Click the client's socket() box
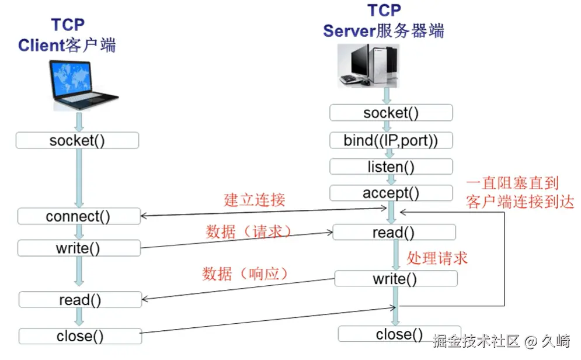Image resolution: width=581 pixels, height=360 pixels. pyautogui.click(x=78, y=140)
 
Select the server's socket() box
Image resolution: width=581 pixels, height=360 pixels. pyautogui.click(x=391, y=113)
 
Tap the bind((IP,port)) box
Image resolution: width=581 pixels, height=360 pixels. pyautogui.click(x=391, y=140)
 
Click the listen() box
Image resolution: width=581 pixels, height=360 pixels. pyautogui.click(x=391, y=167)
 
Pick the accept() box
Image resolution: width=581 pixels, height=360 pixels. pyautogui.click(x=391, y=193)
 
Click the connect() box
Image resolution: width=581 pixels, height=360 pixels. pyautogui.click(x=79, y=216)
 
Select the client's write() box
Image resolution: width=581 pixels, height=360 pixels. pyautogui.click(x=79, y=248)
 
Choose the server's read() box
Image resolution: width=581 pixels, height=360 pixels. pyautogui.click(x=394, y=233)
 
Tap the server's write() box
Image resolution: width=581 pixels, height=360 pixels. pyautogui.click(x=396, y=278)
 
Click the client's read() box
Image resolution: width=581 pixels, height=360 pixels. pyautogui.click(x=80, y=300)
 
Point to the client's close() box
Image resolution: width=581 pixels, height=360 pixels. pyautogui.click(x=80, y=336)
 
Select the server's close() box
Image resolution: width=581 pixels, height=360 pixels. pyautogui.click(x=399, y=334)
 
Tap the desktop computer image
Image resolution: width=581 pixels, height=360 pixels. pyautogui.click(x=369, y=66)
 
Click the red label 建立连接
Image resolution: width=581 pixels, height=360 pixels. pyautogui.click(x=255, y=200)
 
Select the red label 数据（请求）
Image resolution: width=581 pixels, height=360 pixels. pyautogui.click(x=248, y=232)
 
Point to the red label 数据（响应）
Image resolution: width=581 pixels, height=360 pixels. pyautogui.click(x=245, y=274)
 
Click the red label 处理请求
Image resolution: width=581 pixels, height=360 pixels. pyautogui.click(x=437, y=258)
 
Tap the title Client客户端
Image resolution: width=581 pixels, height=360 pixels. pyautogui.click(x=67, y=45)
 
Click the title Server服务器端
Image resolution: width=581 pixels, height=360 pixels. pyautogui.click(x=384, y=30)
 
